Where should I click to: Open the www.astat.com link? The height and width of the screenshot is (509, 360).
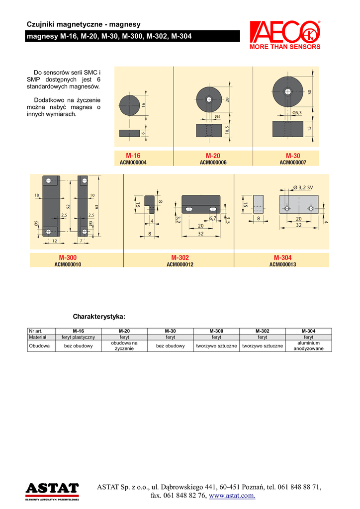(x=233, y=496)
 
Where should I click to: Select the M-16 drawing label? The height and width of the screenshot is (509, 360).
(x=133, y=156)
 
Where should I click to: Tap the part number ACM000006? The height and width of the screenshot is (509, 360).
(x=213, y=162)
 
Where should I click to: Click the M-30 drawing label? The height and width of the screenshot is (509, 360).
(x=293, y=156)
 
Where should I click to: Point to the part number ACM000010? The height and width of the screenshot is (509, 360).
(x=68, y=264)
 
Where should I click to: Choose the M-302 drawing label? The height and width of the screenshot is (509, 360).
(x=180, y=257)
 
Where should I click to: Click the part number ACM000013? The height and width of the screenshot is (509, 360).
(x=282, y=264)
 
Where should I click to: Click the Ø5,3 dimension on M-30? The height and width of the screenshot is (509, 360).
(x=297, y=113)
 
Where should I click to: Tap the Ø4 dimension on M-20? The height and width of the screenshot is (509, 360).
(x=217, y=117)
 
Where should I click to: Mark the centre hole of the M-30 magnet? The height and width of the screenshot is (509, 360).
(x=287, y=91)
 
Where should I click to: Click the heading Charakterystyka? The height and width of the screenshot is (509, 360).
(x=99, y=317)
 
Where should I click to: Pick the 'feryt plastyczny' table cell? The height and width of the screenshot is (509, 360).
(x=78, y=337)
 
